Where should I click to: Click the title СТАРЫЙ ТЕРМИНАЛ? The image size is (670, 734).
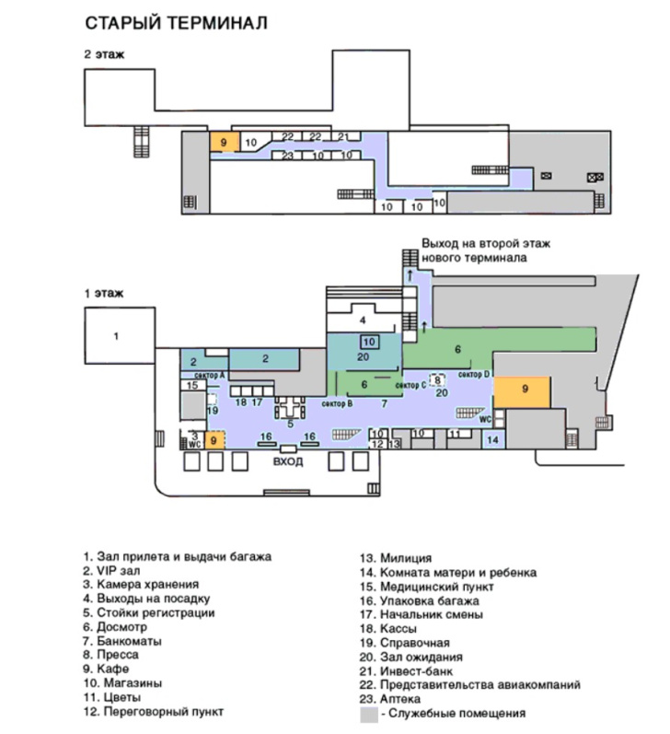click(x=176, y=23)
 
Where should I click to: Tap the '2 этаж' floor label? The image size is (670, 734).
click(x=104, y=55)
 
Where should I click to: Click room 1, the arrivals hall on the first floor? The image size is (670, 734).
click(x=116, y=336)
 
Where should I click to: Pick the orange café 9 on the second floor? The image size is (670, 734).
click(x=223, y=142)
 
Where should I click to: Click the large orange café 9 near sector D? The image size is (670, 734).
click(x=524, y=390)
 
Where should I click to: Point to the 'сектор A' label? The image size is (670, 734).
click(x=210, y=375)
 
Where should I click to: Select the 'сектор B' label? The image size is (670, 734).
click(x=338, y=403)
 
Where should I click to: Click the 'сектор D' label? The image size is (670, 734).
click(x=475, y=373)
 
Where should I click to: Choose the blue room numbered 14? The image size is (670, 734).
click(x=493, y=441)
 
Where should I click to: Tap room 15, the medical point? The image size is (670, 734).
click(x=192, y=386)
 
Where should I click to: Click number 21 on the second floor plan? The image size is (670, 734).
click(x=343, y=136)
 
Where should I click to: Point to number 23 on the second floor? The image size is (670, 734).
click(x=287, y=156)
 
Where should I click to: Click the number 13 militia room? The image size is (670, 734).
click(x=394, y=444)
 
